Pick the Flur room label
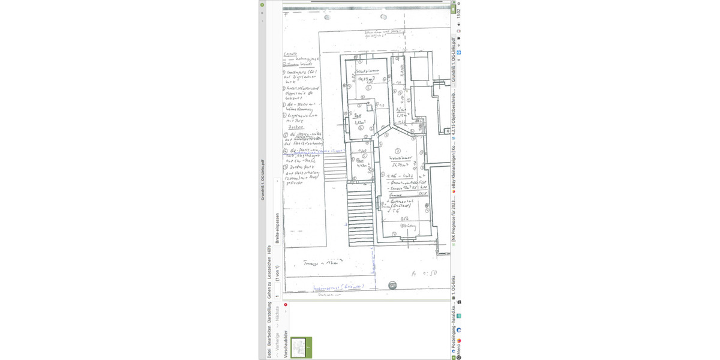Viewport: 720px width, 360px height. pyautogui.click(x=360, y=161)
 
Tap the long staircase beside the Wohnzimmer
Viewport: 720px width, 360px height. pyautogui.click(x=360, y=215)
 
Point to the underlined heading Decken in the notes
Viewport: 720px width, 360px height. pyautogui.click(x=294, y=128)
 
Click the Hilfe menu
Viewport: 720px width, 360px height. pyautogui.click(x=269, y=252)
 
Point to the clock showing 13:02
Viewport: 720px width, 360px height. pyautogui.click(x=458, y=13)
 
